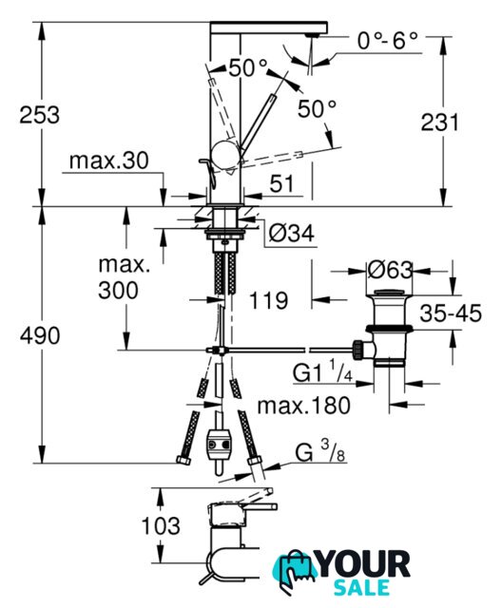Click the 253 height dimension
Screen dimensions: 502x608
click(x=40, y=115)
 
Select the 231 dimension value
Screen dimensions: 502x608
click(x=439, y=123)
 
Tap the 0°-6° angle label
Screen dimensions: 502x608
click(x=388, y=40)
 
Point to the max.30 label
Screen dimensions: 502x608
click(x=108, y=161)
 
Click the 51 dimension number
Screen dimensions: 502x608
click(x=282, y=183)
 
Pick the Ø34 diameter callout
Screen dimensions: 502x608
click(x=291, y=234)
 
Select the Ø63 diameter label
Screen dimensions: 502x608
click(x=390, y=270)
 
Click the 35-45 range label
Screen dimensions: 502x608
click(x=451, y=313)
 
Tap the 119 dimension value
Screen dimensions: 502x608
click(x=268, y=300)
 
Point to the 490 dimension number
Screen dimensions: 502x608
click(x=40, y=335)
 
